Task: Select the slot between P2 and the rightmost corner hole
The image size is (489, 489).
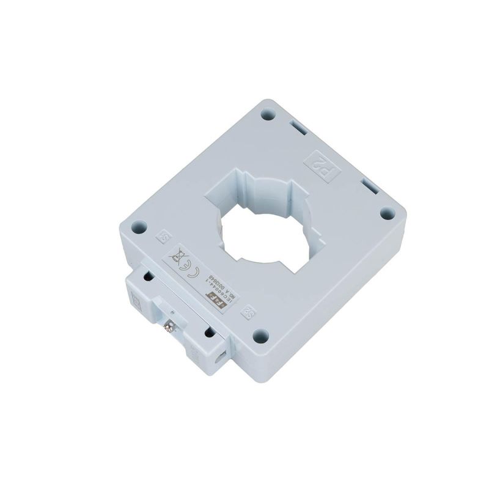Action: [x=369, y=185]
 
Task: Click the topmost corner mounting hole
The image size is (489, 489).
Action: [x=267, y=114]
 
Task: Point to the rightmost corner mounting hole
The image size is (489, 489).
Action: [x=386, y=213]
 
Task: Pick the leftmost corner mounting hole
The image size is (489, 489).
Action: [x=138, y=225]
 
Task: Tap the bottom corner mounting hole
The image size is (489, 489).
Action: [x=260, y=334]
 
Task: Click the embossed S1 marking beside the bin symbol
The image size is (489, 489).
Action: [x=163, y=235]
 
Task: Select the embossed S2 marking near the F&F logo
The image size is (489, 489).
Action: [x=249, y=314]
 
